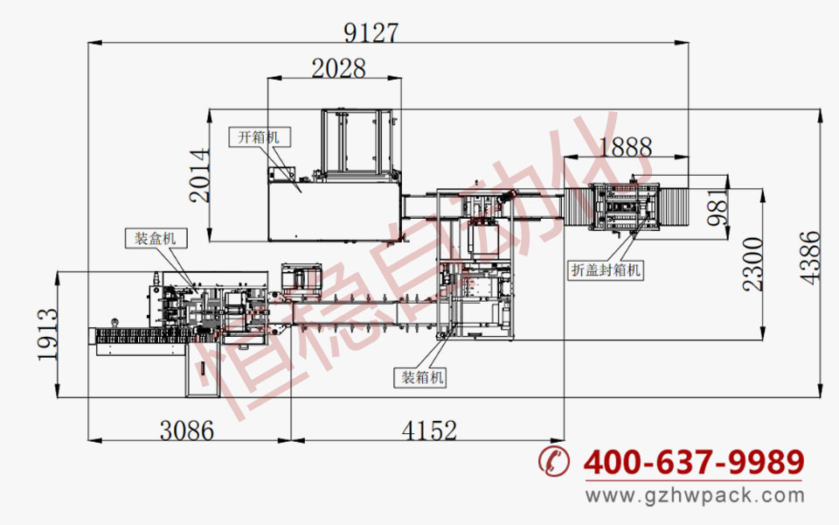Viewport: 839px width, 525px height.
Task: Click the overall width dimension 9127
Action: [x=371, y=32]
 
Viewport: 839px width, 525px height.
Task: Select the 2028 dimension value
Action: [x=339, y=68]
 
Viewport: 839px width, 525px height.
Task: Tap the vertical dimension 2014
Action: [x=199, y=176]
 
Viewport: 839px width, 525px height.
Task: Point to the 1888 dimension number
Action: [x=626, y=147]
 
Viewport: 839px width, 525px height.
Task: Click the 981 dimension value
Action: [x=717, y=206]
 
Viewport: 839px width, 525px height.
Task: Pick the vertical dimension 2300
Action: [x=752, y=264]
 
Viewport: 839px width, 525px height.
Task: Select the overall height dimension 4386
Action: [x=809, y=257]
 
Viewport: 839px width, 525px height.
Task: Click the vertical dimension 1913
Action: [x=47, y=334]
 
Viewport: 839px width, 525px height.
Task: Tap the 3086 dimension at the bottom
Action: [x=187, y=430]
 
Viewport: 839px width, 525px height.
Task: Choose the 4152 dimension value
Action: [x=429, y=430]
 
